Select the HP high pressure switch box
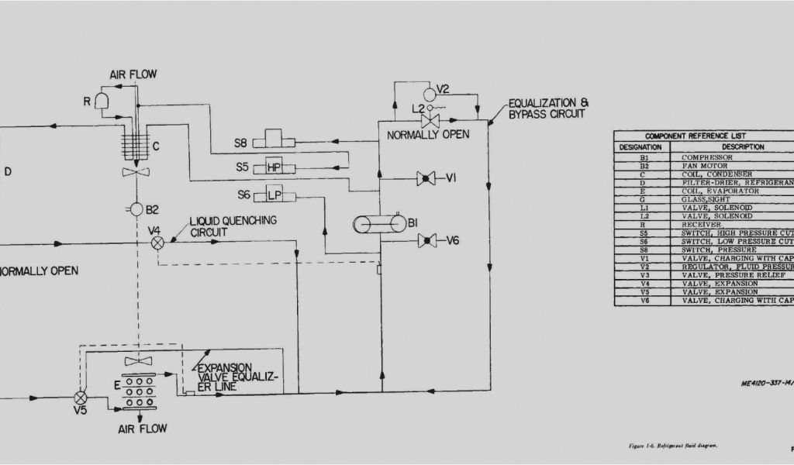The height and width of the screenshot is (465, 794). (274, 167)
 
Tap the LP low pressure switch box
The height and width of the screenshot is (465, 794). (274, 195)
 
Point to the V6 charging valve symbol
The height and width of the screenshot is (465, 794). (424, 240)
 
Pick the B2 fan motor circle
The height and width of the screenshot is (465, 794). (136, 209)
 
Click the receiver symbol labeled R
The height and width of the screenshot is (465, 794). (102, 101)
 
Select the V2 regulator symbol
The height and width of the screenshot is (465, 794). (426, 88)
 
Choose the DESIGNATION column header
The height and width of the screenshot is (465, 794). (641, 146)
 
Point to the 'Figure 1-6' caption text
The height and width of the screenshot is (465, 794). (672, 446)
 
